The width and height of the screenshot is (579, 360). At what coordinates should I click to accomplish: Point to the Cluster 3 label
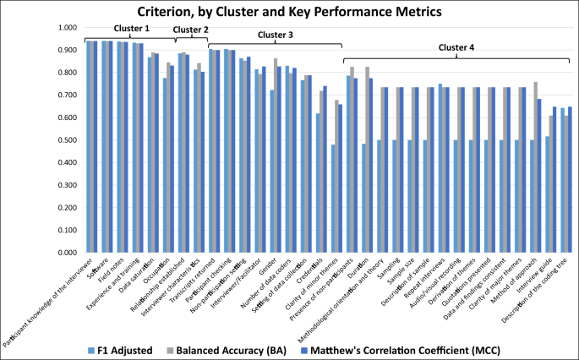pyautogui.click(x=275, y=35)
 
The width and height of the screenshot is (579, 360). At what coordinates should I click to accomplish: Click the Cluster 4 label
pyautogui.click(x=459, y=48)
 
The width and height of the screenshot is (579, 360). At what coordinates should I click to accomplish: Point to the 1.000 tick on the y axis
pyautogui.click(x=65, y=28)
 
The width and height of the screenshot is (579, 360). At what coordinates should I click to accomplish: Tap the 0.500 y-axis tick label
pyautogui.click(x=65, y=140)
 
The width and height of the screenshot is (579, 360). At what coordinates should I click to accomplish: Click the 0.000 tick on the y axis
pyautogui.click(x=65, y=253)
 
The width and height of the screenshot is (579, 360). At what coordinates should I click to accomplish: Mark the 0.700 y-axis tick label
pyautogui.click(x=65, y=95)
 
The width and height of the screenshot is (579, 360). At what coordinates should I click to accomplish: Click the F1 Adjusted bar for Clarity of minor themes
pyautogui.click(x=333, y=199)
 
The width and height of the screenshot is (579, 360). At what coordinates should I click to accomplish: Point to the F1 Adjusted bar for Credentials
pyautogui.click(x=318, y=183)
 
